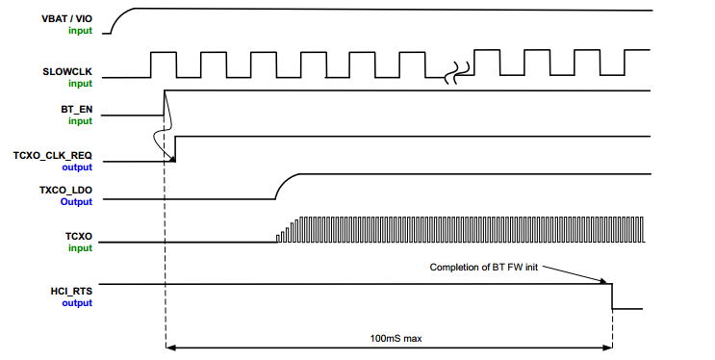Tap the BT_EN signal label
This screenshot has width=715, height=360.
tap(76, 110)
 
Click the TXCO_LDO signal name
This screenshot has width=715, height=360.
tap(64, 191)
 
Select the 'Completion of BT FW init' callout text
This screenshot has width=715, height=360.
tap(482, 267)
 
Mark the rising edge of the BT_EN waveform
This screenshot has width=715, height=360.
tap(166, 102)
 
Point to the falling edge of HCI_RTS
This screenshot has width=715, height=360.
tap(613, 296)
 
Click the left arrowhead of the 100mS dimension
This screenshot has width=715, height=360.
tap(170, 347)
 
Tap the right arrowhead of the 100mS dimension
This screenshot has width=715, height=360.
tap(608, 347)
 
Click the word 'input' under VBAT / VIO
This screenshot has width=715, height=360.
tap(81, 31)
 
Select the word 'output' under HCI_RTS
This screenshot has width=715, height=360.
tap(78, 302)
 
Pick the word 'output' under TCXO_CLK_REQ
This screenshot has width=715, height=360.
tap(78, 167)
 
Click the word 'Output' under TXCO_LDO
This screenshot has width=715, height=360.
tap(78, 202)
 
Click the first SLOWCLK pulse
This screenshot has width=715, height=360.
tap(163, 64)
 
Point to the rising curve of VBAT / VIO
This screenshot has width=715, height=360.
tap(117, 19)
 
